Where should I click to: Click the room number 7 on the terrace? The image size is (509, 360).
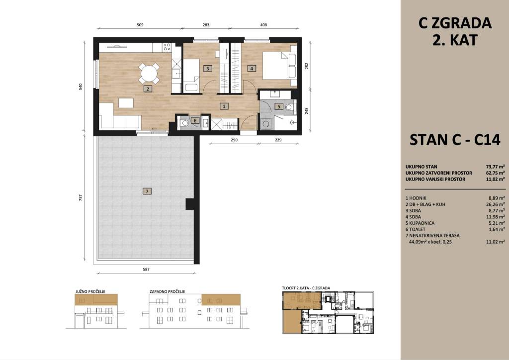[x=147, y=191]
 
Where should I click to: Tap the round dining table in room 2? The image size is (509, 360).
[x=149, y=74]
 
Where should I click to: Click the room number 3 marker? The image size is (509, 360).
[x=207, y=69]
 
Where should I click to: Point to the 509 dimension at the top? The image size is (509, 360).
[x=140, y=25]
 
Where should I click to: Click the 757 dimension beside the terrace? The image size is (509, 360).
[x=81, y=197]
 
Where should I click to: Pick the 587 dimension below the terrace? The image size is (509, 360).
[x=147, y=269]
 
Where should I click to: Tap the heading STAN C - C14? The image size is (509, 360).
[x=455, y=140]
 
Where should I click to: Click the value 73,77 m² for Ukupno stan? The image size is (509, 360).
[x=495, y=167]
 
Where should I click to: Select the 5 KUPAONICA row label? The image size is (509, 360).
[x=420, y=223]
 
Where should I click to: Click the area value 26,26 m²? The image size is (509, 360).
[x=495, y=204]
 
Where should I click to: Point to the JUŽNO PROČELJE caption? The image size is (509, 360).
[x=90, y=291]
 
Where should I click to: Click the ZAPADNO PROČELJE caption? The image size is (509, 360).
[x=167, y=291]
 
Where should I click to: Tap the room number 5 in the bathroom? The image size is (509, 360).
[x=279, y=106]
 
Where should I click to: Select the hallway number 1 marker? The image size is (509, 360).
[x=224, y=106]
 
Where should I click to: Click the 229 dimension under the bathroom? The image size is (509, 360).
[x=278, y=140]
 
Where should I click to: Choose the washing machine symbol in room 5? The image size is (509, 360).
[x=266, y=123]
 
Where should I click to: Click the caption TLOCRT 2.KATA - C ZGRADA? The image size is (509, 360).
[x=306, y=288]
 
